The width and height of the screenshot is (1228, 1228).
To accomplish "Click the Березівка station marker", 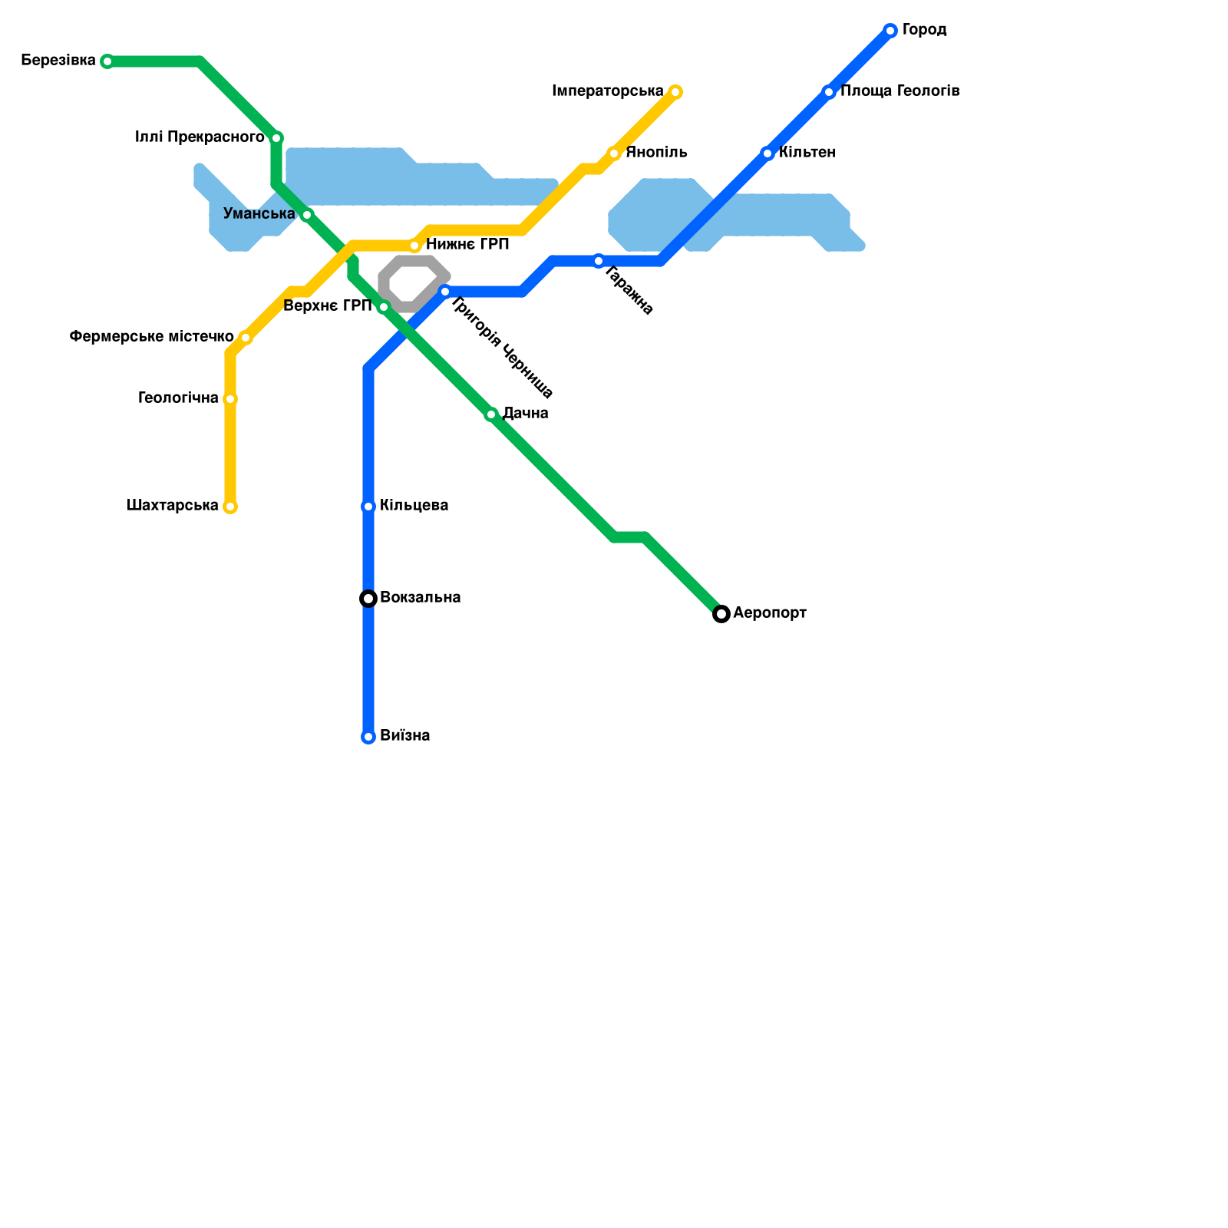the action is pos(107,61).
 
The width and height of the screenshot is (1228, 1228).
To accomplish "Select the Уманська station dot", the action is pos(307,215).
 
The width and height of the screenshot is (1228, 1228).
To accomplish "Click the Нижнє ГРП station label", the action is pos(467,245).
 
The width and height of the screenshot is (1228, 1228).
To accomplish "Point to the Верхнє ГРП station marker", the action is pos(384,307).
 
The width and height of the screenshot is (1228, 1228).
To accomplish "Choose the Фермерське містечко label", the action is pos(151,337).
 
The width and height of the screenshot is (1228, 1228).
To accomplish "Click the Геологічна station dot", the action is pos(230,399).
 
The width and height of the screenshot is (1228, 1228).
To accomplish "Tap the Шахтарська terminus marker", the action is pos(230,507).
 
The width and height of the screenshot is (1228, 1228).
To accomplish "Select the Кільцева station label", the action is pos(414,506).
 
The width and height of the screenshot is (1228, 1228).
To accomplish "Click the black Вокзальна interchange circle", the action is pos(368,599).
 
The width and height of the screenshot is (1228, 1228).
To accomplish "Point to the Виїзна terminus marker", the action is pos(368,737).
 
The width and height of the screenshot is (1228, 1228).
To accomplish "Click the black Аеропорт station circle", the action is pos(721,614).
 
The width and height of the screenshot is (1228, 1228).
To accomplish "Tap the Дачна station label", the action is pos(526,414).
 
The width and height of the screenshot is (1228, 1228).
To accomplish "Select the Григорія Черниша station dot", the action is pos(445,292).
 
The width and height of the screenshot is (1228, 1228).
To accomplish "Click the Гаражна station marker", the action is pos(599,261).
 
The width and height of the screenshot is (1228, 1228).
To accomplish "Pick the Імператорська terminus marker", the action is pos(675,92).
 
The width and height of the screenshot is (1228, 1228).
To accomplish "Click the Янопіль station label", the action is pos(656,153).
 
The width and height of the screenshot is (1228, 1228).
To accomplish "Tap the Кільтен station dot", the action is pos(767,153).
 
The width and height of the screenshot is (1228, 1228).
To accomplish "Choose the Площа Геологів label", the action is pos(900,91).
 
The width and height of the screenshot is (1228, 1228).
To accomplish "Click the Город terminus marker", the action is pos(890,31).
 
